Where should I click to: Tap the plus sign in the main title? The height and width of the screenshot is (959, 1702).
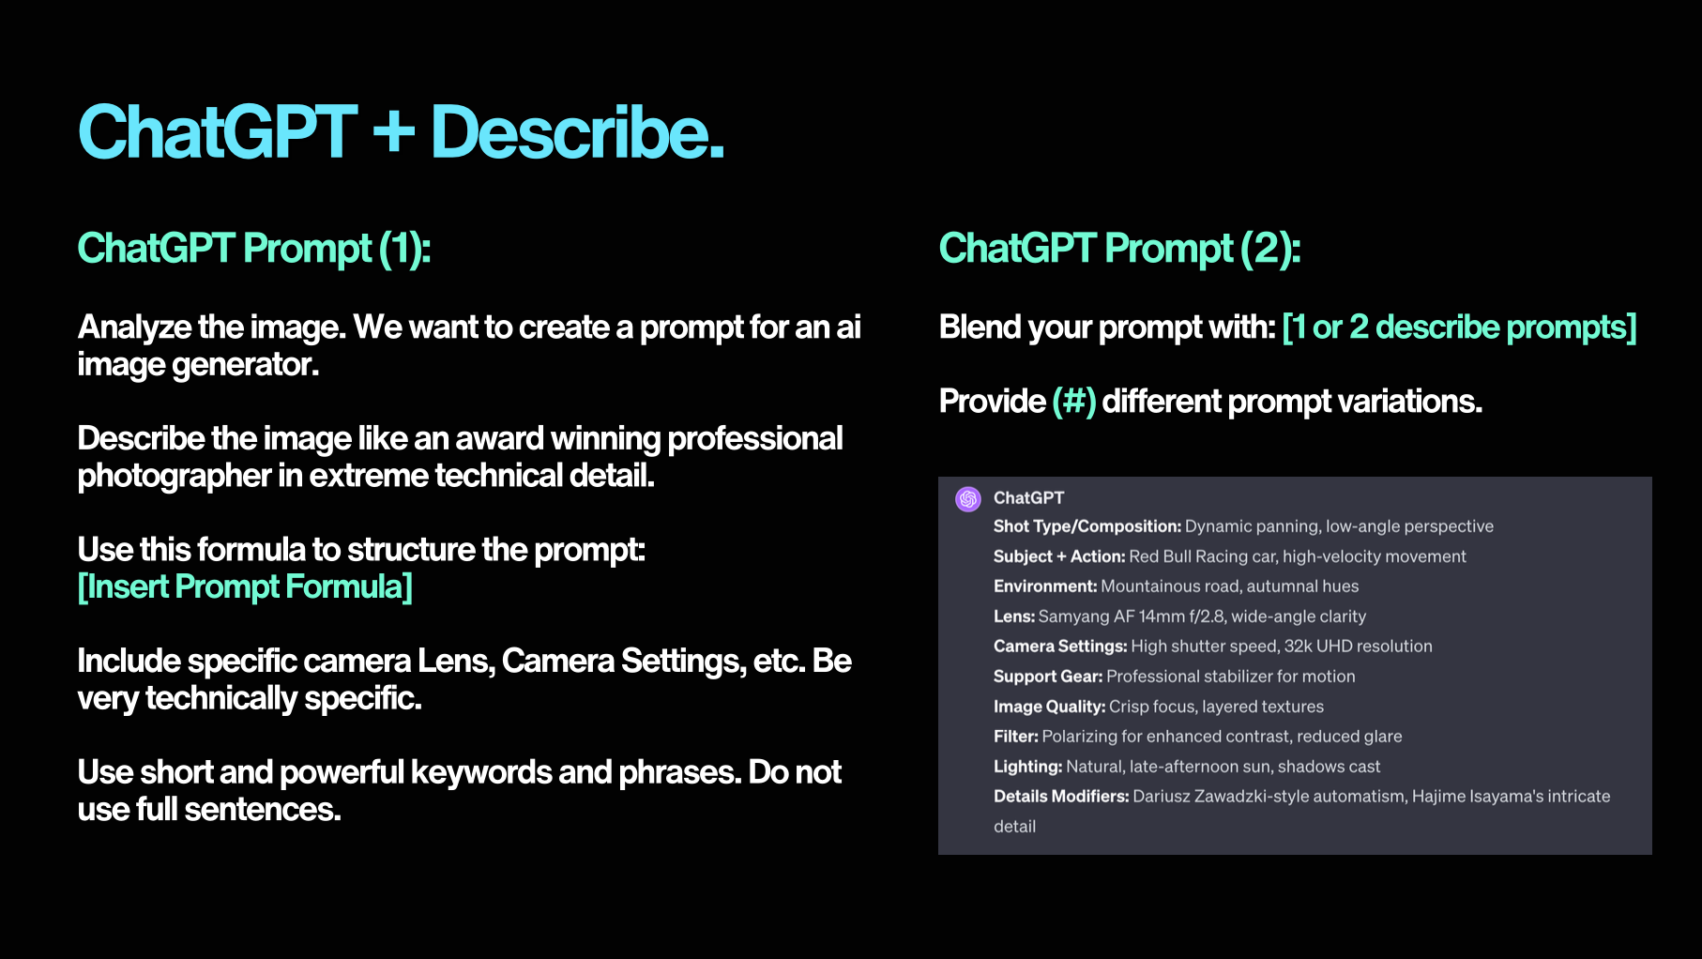coord(393,132)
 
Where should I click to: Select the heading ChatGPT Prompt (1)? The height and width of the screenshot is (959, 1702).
coord(253,249)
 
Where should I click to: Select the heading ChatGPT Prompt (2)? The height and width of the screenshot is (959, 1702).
coord(1119,249)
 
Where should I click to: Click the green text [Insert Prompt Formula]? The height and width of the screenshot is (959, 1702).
coord(245,587)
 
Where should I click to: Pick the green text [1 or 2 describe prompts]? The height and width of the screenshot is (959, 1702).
coord(1459,327)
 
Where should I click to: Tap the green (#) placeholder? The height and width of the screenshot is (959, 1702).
coord(1073,402)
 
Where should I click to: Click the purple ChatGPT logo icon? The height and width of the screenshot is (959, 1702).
coord(968,498)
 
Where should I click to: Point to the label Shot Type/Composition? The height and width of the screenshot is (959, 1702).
coord(1087,526)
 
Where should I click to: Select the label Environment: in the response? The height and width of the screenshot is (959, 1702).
coord(1044,586)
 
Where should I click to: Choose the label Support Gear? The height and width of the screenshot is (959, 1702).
coord(1048,677)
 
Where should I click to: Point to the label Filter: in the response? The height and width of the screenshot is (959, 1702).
coord(1015,737)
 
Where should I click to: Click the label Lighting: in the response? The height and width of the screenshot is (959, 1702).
coord(1027,767)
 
